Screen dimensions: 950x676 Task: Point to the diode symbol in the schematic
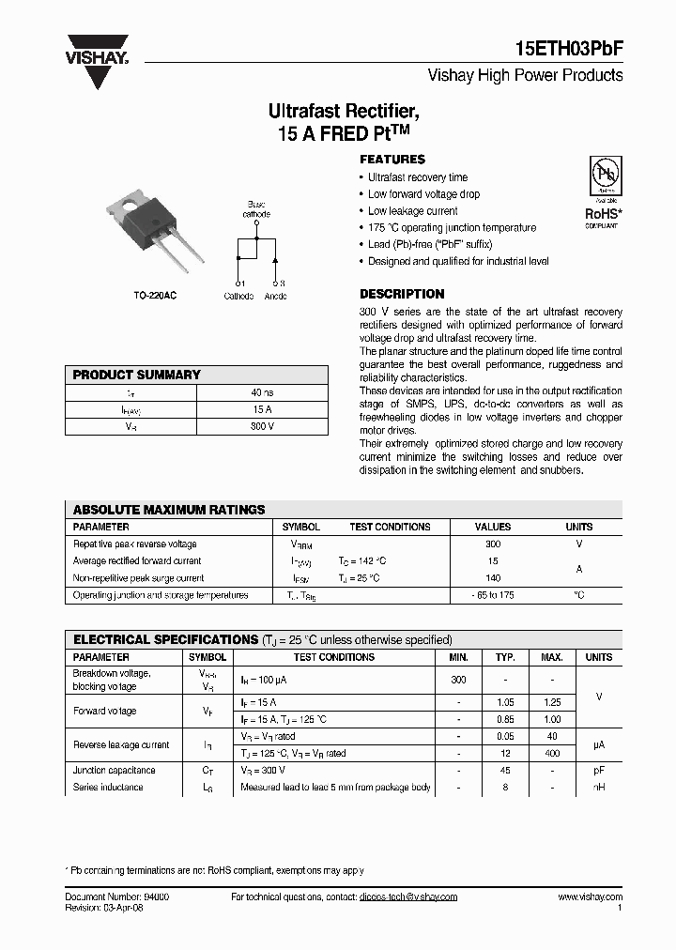click(x=275, y=254)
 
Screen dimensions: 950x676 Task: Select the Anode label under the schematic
click(x=275, y=297)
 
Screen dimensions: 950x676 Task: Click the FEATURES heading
click(x=392, y=160)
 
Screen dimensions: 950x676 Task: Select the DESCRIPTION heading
click(x=402, y=294)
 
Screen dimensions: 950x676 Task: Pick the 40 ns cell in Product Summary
click(x=262, y=392)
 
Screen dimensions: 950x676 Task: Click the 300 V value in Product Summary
click(x=262, y=426)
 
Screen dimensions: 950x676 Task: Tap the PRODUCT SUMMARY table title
click(x=137, y=375)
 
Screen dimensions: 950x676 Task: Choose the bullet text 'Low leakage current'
click(x=412, y=211)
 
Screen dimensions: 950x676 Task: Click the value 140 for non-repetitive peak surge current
click(x=493, y=578)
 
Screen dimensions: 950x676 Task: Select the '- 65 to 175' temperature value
click(x=493, y=595)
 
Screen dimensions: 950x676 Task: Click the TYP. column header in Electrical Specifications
click(x=506, y=657)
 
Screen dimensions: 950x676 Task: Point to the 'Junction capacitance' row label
click(x=115, y=770)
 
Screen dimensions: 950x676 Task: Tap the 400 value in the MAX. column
click(x=553, y=753)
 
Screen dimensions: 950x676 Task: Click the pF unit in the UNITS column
click(x=598, y=770)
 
